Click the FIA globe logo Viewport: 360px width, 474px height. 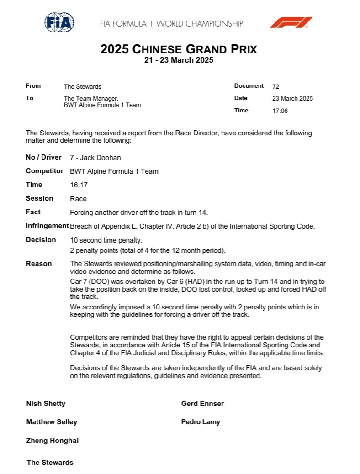click(59, 22)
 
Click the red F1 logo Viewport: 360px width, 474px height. click(291, 22)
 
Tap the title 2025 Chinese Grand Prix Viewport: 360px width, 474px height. click(179, 49)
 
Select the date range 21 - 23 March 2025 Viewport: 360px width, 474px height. click(179, 60)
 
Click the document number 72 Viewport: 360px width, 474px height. click(275, 86)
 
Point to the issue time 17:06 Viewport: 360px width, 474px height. click(280, 111)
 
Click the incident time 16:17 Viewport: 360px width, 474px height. click(79, 185)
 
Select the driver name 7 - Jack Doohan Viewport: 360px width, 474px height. click(95, 158)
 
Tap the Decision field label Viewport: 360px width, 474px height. click(41, 240)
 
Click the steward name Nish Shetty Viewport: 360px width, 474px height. click(46, 404)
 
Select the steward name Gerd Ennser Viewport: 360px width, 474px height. click(202, 404)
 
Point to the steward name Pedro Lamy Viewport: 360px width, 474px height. click(201, 422)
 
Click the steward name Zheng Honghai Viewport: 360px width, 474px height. click(53, 441)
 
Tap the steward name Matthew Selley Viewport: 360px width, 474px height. click(52, 422)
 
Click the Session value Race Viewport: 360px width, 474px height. click(78, 199)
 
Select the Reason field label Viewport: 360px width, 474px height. click(39, 264)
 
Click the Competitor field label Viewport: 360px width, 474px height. click(45, 171)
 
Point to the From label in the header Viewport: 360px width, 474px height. click(33, 86)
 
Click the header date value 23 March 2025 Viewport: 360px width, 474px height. click(292, 98)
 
